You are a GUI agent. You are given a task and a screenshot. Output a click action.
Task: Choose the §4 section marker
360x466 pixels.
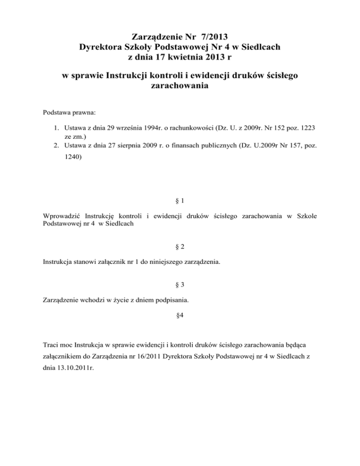tap(180, 315)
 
